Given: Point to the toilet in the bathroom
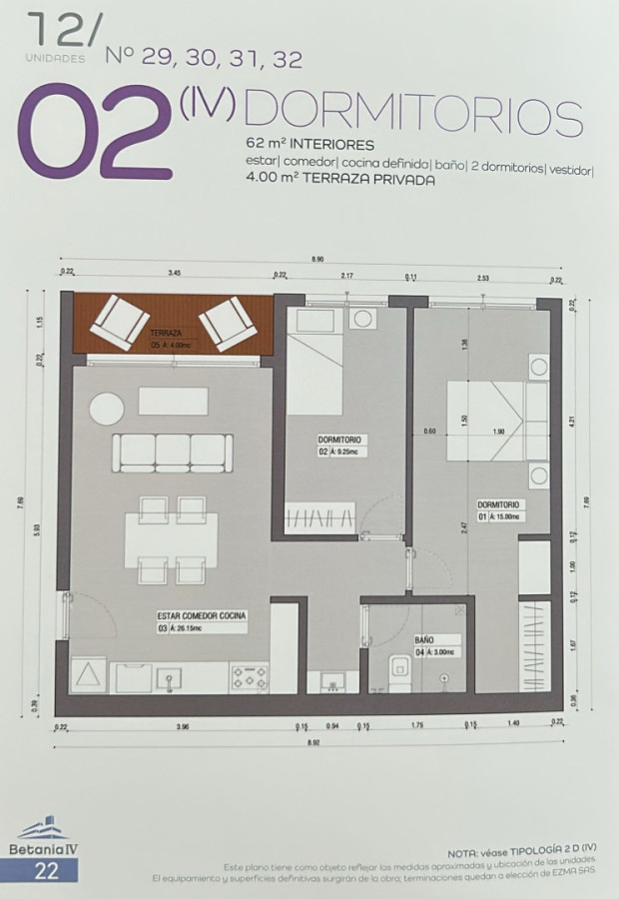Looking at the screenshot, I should [x=400, y=671].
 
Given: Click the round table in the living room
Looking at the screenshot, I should [x=106, y=408].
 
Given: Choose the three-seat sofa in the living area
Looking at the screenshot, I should [x=173, y=452].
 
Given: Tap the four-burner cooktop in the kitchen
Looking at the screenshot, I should [x=250, y=678].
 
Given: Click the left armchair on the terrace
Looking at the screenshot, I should [x=119, y=322].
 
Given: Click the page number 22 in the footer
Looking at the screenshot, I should [x=47, y=871].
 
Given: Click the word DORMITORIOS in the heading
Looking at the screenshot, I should [x=412, y=118].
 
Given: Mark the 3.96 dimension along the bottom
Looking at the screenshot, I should [x=181, y=726].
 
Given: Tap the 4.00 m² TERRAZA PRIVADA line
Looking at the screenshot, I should [x=339, y=180].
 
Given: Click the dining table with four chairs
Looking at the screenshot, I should [x=171, y=540].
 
